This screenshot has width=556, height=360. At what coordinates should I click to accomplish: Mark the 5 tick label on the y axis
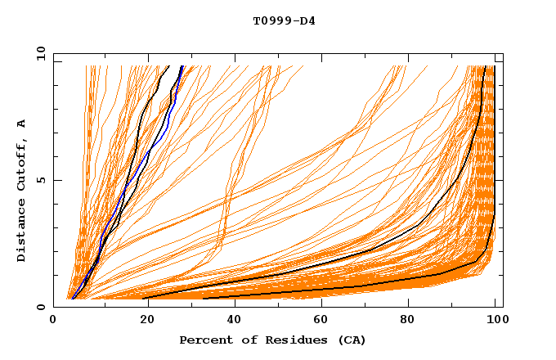[x=41, y=180]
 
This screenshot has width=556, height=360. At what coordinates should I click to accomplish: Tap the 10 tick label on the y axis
[x=38, y=52]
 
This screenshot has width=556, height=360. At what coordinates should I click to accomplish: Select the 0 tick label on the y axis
[x=41, y=307]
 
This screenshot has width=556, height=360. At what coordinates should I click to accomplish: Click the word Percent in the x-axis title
[x=204, y=340]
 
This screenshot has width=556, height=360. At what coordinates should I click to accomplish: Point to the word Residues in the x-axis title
[x=290, y=340]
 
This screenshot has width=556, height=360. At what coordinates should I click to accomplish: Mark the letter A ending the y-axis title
[x=22, y=123]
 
